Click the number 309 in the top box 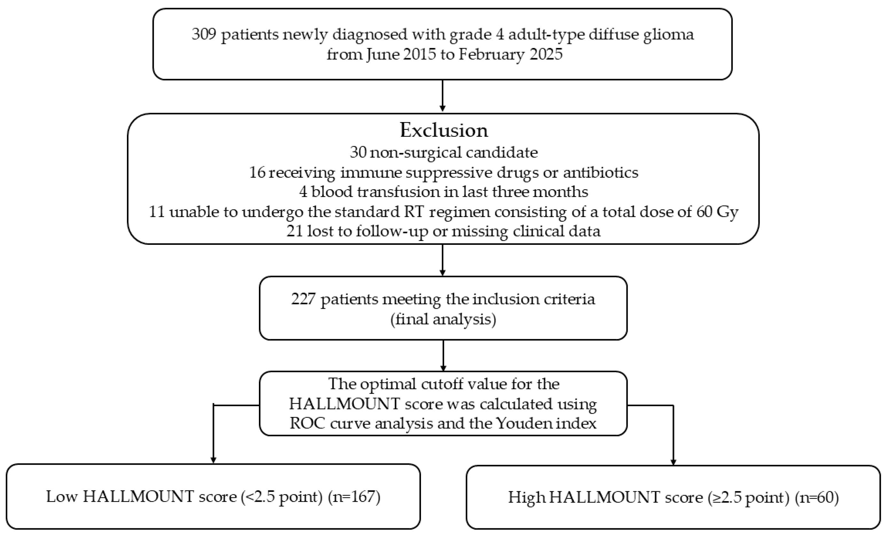click(x=204, y=35)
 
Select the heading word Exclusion click(x=444, y=130)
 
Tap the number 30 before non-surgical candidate click(x=358, y=152)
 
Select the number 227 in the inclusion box click(x=303, y=299)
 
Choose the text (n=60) click(x=817, y=498)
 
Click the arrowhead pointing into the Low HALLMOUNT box click(x=213, y=460)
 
